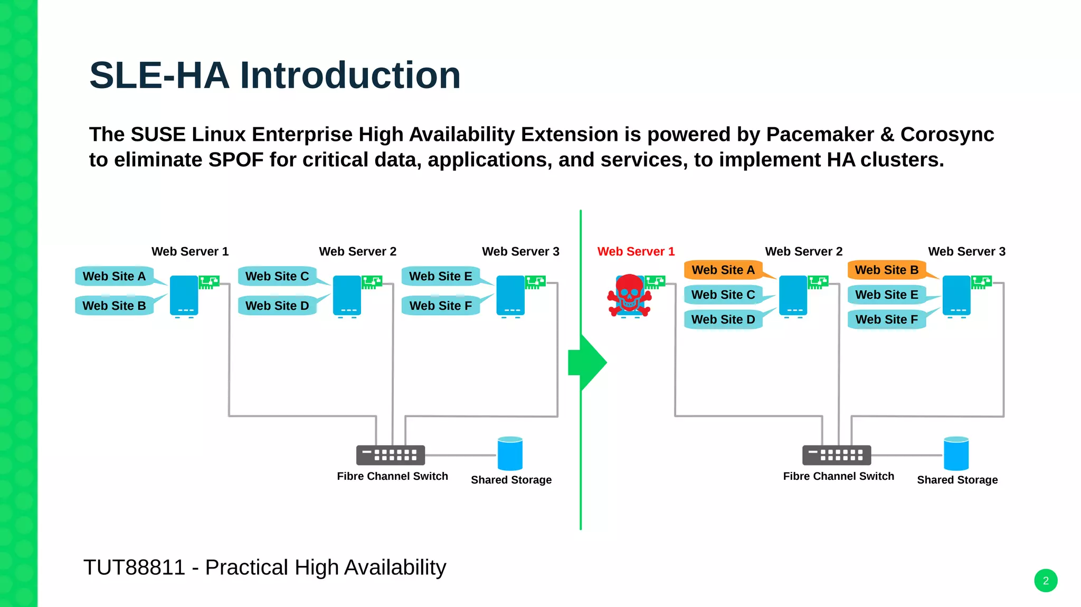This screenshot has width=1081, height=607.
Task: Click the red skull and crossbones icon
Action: click(629, 295)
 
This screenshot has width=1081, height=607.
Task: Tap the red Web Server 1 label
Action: click(636, 252)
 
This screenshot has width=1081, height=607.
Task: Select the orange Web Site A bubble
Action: click(723, 270)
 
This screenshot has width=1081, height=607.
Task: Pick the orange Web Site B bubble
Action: click(886, 270)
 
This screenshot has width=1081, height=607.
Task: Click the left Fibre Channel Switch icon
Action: click(390, 455)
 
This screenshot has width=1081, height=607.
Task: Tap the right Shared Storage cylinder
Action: click(956, 453)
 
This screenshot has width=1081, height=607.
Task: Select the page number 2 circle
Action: click(1045, 581)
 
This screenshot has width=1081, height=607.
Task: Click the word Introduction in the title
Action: click(350, 75)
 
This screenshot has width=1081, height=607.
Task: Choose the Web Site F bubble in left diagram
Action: click(440, 306)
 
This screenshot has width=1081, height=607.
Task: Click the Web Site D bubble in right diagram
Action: click(723, 320)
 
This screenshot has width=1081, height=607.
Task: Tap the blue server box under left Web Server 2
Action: click(347, 296)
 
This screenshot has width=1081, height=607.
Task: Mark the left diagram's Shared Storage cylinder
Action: click(510, 453)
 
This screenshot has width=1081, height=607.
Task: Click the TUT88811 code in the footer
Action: click(134, 568)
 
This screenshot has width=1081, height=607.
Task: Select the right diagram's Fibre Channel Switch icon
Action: click(836, 455)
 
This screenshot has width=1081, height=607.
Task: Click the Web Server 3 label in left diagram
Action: click(520, 252)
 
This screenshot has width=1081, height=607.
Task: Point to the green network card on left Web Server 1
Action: click(208, 282)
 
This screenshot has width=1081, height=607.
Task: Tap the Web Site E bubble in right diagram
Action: click(886, 295)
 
